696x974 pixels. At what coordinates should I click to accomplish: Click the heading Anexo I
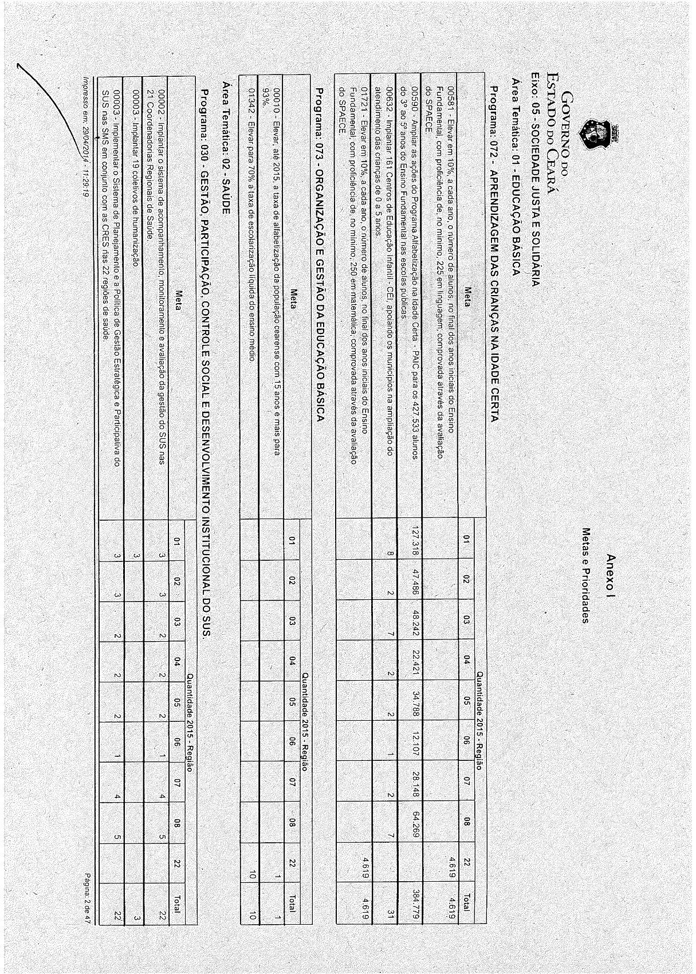pyautogui.click(x=611, y=573)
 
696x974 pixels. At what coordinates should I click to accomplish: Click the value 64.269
pyautogui.click(x=416, y=822)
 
